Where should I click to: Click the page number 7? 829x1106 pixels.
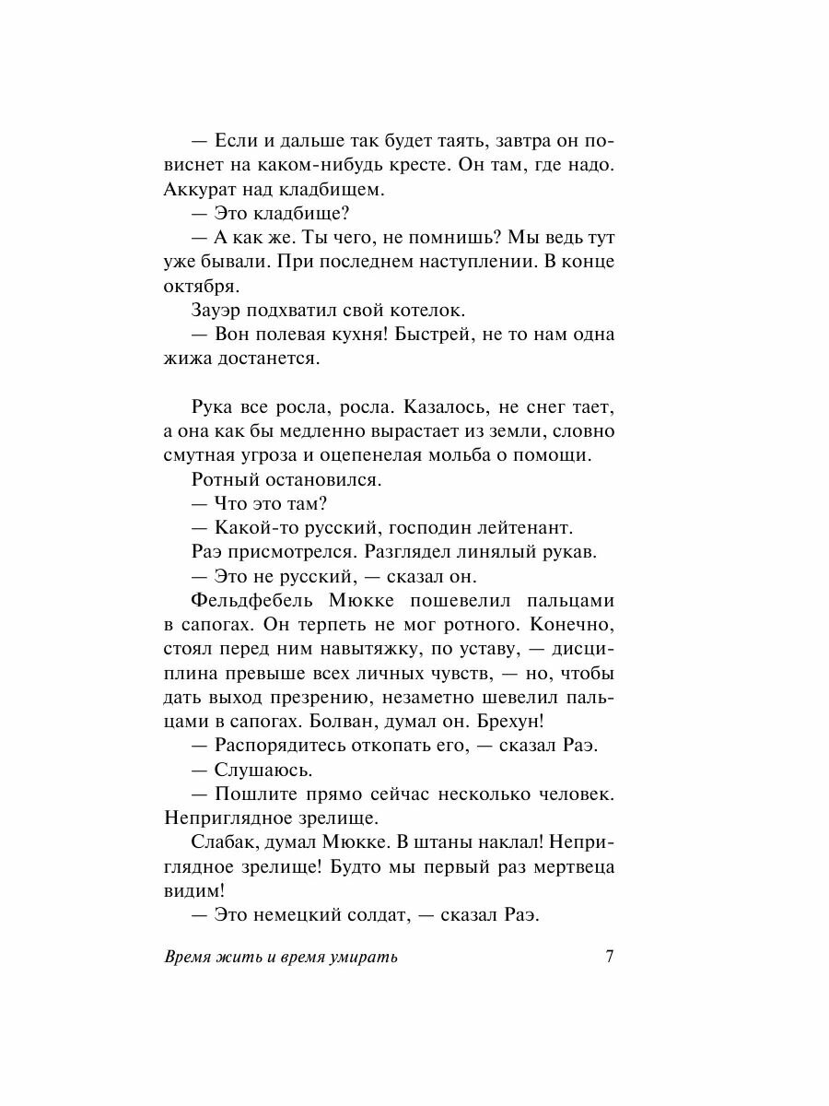tap(609, 956)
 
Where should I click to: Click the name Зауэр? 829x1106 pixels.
tap(222, 310)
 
